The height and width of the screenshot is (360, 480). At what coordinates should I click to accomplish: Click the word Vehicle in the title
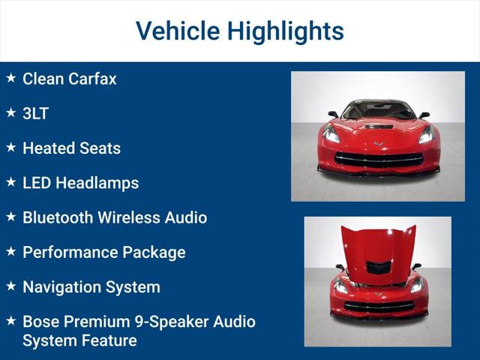coord(178,31)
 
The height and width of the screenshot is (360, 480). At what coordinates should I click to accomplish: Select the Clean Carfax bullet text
coord(69,79)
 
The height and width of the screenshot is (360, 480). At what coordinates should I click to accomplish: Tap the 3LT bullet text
coord(35,113)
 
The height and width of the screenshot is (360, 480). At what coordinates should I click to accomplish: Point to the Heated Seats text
coord(71,148)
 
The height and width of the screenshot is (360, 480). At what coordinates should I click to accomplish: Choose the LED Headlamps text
coord(80,183)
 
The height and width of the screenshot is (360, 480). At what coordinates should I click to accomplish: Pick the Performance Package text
coord(103,252)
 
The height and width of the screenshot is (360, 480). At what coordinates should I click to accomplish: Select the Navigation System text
coord(91,286)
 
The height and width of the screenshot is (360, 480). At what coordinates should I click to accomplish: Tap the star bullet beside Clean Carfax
coord(10,77)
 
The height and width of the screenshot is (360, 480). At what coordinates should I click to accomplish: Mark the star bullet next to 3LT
coord(10,112)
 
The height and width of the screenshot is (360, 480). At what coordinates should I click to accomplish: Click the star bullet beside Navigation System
coord(10,286)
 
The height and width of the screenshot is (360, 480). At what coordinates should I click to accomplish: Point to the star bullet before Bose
coord(10,320)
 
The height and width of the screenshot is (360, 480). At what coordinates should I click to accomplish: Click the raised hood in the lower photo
coord(378,247)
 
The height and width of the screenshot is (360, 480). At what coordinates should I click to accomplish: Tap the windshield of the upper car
coord(378,111)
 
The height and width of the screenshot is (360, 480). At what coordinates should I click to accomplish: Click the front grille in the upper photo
coord(378,159)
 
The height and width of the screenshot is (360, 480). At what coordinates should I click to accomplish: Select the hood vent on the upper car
coord(377,127)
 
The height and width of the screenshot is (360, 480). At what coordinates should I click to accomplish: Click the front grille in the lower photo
coord(378,305)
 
